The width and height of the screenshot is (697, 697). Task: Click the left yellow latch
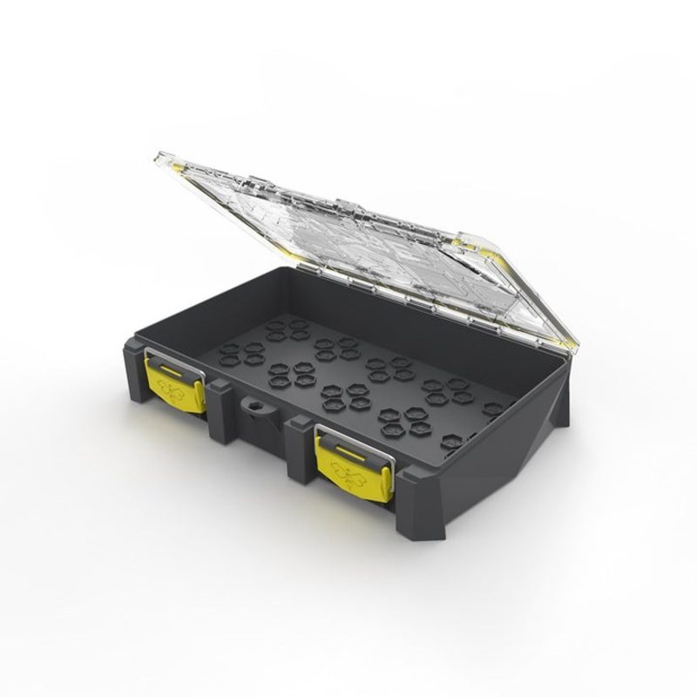click(178, 386)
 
